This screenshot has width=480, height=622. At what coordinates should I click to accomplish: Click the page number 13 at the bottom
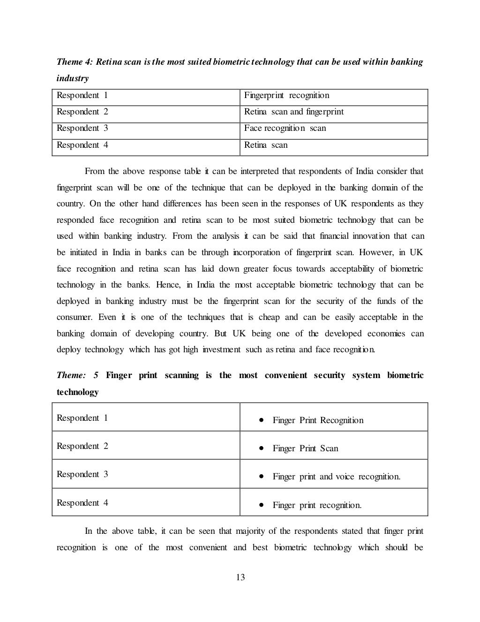[x=240, y=577]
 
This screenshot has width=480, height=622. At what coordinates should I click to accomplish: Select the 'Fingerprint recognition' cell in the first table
[x=286, y=96]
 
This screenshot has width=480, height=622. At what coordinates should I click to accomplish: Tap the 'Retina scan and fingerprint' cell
[x=294, y=112]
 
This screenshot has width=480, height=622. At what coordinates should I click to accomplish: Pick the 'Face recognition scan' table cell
[x=285, y=129]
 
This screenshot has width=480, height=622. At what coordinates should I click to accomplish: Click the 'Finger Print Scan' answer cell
[x=305, y=448]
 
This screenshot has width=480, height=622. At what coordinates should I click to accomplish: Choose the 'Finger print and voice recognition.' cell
[x=336, y=477]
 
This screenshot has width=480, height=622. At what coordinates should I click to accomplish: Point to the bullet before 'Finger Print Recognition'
[x=261, y=420]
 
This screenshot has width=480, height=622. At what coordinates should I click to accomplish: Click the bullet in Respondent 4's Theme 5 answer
[x=261, y=505]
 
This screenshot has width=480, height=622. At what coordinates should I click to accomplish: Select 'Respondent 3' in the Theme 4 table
[x=82, y=129]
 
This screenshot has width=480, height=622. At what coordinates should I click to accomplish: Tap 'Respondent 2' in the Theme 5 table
[x=82, y=446]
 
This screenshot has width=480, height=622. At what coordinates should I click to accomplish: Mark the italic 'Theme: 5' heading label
[x=77, y=375]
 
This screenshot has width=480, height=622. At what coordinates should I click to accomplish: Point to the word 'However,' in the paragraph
[x=376, y=252]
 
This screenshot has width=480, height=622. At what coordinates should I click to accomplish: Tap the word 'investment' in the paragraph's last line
[x=221, y=350]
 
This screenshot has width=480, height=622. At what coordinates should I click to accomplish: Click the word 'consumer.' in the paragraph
[x=75, y=318]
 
